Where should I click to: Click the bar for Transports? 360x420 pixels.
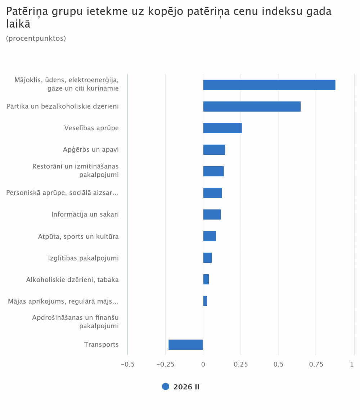tap(186, 344)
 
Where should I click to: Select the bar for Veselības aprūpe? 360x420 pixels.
tap(222, 128)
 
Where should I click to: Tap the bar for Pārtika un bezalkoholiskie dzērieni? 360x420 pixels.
tap(252, 107)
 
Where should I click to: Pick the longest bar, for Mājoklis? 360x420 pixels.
tap(269, 85)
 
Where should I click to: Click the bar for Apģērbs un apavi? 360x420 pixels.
tap(214, 150)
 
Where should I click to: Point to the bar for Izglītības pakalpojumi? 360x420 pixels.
tap(208, 258)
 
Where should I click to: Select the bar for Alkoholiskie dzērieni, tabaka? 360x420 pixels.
tap(206, 279)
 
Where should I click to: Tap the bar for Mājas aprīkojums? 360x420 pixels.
tap(205, 301)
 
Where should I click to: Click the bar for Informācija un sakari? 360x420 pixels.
tap(212, 214)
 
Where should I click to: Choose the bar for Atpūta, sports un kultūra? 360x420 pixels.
tap(210, 236)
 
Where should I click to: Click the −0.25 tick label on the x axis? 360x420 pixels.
tap(165, 364)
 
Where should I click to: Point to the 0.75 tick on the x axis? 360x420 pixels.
tap(316, 364)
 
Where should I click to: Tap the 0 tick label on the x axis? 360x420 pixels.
tap(203, 364)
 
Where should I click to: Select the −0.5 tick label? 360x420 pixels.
tap(127, 364)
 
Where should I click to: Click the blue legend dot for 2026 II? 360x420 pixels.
tap(166, 387)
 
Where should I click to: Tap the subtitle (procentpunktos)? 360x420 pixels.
tap(36, 38)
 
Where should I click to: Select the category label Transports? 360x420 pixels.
tap(101, 344)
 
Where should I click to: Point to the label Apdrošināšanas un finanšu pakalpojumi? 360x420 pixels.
tap(76, 322)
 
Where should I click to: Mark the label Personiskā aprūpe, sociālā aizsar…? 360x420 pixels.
tap(63, 193)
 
